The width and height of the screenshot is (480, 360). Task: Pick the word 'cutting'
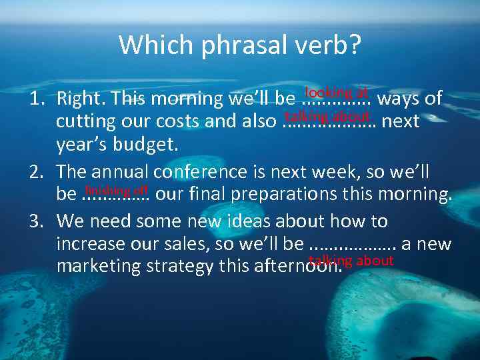click(80, 122)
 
